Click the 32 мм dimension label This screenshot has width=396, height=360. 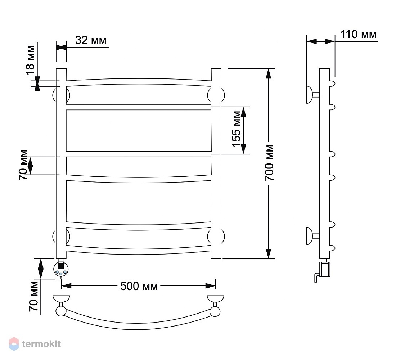[x=91, y=40]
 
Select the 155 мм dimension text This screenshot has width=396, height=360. [x=237, y=129]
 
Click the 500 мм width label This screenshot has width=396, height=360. [x=139, y=286]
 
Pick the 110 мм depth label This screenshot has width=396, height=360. [x=358, y=34]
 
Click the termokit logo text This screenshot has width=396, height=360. [x=41, y=344]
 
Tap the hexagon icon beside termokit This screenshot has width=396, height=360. [x=14, y=344]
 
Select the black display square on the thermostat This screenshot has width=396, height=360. [x=60, y=266]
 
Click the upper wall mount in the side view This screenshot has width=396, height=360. [x=313, y=95]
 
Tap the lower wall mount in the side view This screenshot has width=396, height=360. [x=313, y=236]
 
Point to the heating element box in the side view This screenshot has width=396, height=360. [x=325, y=270]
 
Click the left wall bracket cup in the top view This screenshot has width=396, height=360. [x=61, y=298]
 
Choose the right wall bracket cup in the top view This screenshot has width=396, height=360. [x=215, y=298]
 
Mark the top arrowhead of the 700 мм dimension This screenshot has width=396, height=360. [x=269, y=73]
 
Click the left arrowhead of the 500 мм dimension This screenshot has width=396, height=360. [x=67, y=286]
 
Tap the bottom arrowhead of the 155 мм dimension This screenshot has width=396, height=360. [x=243, y=149]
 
